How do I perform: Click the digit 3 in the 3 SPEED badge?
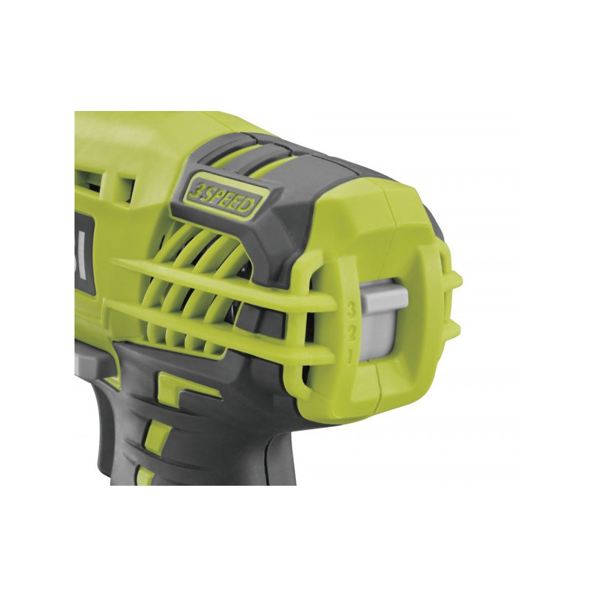[194, 187]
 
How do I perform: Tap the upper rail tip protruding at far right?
[456, 282]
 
